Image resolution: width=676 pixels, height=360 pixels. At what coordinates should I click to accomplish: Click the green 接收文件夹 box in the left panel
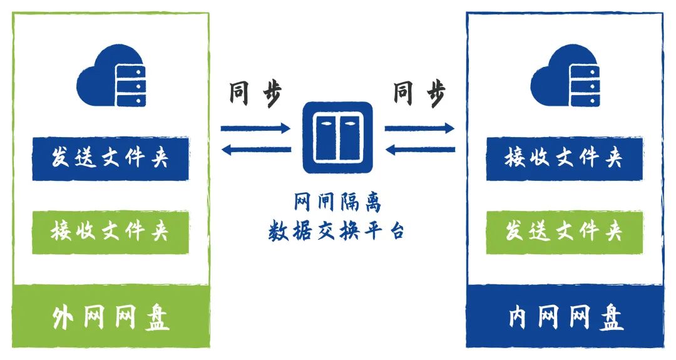pyautogui.click(x=110, y=232)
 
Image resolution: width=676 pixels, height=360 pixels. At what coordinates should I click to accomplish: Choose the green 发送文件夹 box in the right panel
pyautogui.click(x=564, y=232)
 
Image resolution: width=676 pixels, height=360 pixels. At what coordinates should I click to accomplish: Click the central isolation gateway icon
pyautogui.click(x=337, y=138)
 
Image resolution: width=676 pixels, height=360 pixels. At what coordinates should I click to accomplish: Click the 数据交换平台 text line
pyautogui.click(x=337, y=231)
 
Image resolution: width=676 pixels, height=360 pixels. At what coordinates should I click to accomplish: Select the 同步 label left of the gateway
pyautogui.click(x=255, y=94)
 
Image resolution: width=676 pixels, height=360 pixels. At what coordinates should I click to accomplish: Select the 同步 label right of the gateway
pyautogui.click(x=419, y=94)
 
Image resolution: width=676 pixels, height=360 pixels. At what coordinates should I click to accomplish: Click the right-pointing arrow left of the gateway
pyautogui.click(x=255, y=129)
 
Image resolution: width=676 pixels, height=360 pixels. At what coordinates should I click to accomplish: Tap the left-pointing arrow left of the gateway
pyautogui.click(x=255, y=149)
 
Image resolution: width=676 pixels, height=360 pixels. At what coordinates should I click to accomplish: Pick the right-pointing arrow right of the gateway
pyautogui.click(x=419, y=129)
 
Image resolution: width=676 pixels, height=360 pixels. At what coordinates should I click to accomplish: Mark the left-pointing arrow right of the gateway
pyautogui.click(x=419, y=149)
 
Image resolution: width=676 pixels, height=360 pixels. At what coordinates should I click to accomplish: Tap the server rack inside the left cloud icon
pyautogui.click(x=130, y=85)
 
